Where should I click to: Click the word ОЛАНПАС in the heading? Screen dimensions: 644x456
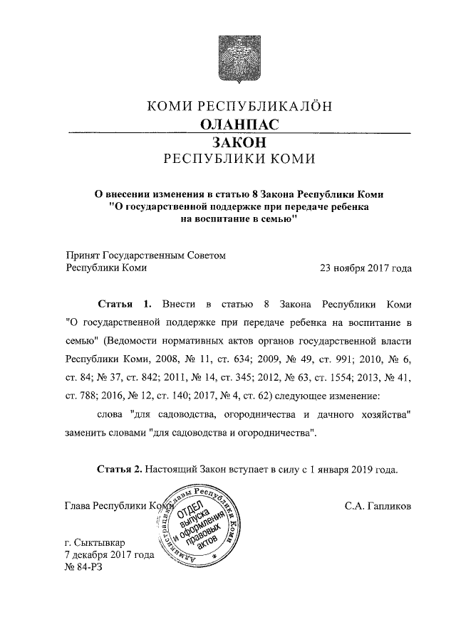click(x=239, y=124)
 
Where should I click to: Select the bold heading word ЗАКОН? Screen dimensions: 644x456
click(x=239, y=142)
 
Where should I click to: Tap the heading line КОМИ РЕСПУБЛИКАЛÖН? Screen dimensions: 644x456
click(x=239, y=107)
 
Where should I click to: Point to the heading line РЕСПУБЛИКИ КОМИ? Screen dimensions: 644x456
click(x=239, y=159)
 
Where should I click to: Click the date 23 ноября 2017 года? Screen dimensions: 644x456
click(x=366, y=269)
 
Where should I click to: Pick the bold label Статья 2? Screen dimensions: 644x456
click(x=120, y=470)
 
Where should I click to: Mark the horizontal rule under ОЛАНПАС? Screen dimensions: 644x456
click(x=239, y=133)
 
